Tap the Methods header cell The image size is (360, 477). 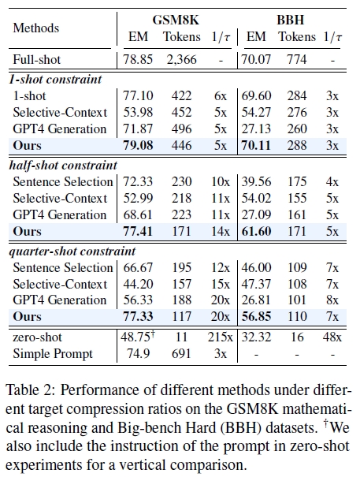click(x=35, y=28)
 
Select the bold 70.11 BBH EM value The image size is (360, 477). click(x=256, y=146)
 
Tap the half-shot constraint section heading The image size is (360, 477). click(x=62, y=166)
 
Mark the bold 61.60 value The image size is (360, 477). click(x=256, y=232)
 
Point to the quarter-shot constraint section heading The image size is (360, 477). click(x=69, y=251)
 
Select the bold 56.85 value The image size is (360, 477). click(x=256, y=317)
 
